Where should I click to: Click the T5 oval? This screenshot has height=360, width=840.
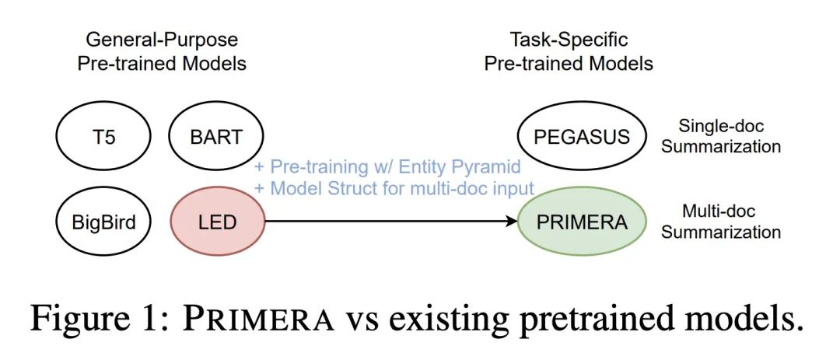104,136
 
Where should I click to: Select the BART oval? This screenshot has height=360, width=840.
216,136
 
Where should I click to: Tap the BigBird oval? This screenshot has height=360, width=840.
104,222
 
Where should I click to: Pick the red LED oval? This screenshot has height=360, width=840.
218,222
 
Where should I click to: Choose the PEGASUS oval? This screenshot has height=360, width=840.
582,136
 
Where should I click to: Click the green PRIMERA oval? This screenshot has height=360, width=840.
582,222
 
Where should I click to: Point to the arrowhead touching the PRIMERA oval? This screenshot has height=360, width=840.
512,222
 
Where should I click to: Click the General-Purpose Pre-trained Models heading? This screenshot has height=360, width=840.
162,51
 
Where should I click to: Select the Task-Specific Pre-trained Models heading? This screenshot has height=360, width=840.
569,51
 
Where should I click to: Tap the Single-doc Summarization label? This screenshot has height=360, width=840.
721,136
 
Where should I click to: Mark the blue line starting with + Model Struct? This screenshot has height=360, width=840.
394,189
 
